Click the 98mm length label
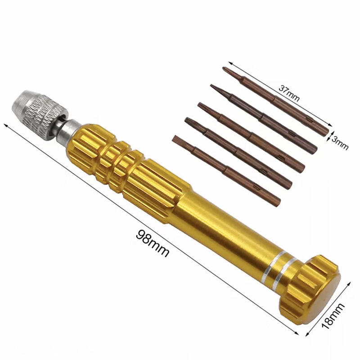[153, 243]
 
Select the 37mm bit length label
[289, 93]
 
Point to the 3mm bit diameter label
[340, 143]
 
